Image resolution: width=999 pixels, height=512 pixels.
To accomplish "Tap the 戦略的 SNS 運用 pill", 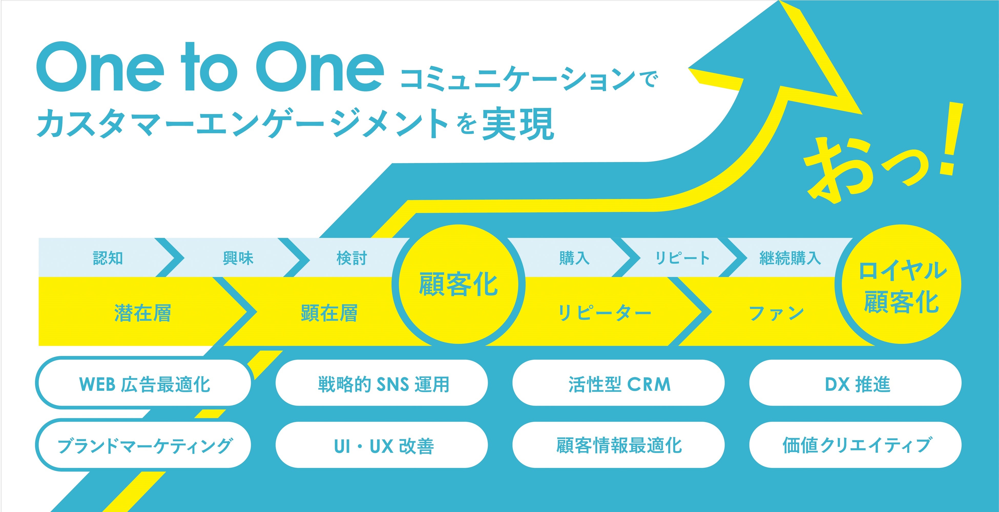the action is click(x=382, y=383).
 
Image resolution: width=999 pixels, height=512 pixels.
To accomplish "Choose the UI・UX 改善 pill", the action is click(x=382, y=445).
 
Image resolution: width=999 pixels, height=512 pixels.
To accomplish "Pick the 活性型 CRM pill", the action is click(x=619, y=383).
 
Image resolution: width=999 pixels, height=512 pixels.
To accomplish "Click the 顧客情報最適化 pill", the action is click(x=619, y=445).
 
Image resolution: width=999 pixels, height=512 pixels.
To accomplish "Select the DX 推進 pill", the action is click(x=856, y=383).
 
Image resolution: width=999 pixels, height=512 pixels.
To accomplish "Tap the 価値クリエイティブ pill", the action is click(x=856, y=445).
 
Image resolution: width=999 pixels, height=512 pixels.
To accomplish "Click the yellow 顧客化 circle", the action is click(x=459, y=284).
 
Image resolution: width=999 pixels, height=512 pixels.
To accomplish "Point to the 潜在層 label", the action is click(x=143, y=313).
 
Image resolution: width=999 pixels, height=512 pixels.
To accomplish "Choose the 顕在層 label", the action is click(x=329, y=313).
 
